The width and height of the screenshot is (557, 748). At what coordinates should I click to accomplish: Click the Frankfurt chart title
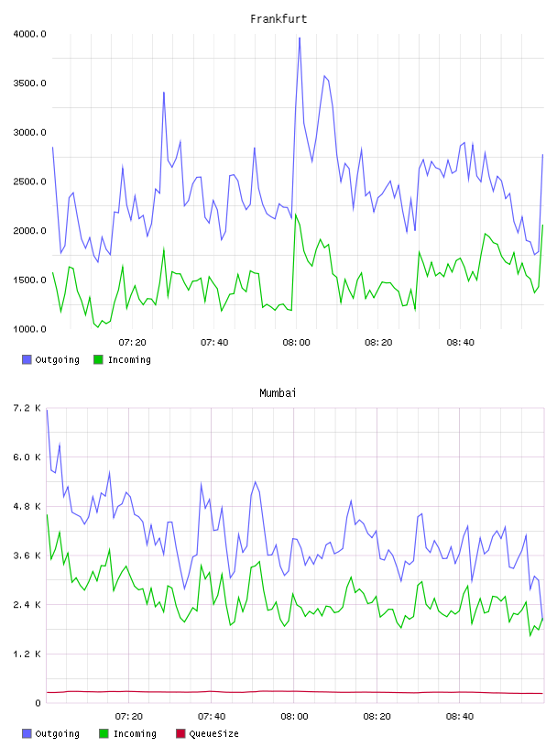(x=278, y=19)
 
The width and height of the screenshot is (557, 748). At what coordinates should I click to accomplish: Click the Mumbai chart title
(x=278, y=393)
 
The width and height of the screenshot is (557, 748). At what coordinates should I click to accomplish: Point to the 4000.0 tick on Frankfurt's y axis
(x=29, y=34)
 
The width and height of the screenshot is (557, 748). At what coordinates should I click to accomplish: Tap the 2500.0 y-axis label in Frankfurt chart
(x=29, y=181)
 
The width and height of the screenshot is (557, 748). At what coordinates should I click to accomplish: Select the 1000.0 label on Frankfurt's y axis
(x=29, y=329)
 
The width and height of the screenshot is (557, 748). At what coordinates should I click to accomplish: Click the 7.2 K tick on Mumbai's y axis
(x=27, y=408)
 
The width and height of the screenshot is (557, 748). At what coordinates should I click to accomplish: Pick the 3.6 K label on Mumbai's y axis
(x=27, y=555)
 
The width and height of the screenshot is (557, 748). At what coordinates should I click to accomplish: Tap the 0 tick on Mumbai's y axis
(x=38, y=703)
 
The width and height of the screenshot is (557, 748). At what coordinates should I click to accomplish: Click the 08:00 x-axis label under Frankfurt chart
(x=296, y=342)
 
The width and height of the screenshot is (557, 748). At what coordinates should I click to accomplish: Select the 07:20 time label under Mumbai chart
(x=129, y=716)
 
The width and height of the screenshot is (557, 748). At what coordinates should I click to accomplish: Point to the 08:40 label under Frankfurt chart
(x=460, y=342)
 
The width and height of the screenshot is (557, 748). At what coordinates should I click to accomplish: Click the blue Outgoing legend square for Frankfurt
(x=27, y=359)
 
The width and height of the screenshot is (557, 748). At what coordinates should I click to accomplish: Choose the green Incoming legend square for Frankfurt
(x=98, y=359)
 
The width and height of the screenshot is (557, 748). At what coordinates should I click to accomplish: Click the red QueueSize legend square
(x=180, y=733)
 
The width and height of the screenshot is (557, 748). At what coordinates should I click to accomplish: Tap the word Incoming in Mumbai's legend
(x=135, y=733)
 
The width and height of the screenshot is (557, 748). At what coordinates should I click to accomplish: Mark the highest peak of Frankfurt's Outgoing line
(x=300, y=38)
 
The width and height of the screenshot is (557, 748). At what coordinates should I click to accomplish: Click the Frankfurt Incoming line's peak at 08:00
(x=296, y=214)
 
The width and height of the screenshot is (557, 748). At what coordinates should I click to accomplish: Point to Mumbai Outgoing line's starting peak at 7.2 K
(x=47, y=410)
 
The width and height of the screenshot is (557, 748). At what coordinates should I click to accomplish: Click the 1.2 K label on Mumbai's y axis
(x=27, y=654)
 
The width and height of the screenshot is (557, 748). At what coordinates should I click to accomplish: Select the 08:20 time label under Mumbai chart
(x=377, y=716)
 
